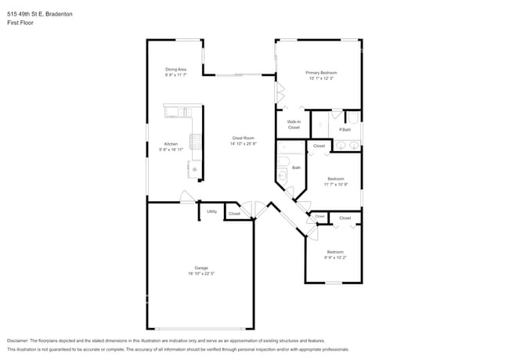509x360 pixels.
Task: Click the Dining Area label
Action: tap(175, 69)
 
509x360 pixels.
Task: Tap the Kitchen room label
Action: tap(170, 144)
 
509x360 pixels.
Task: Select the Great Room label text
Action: tap(243, 139)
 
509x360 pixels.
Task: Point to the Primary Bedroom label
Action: tap(321, 73)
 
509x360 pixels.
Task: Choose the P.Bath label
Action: tap(344, 129)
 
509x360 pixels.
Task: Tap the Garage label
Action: tap(200, 268)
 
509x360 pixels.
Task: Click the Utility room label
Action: tap(211, 211)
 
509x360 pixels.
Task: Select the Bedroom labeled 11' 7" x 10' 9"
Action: tap(335, 178)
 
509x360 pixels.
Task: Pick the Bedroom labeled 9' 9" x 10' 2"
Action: tap(335, 252)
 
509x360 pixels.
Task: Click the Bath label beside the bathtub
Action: tap(296, 167)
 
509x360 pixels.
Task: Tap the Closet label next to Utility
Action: tap(234, 214)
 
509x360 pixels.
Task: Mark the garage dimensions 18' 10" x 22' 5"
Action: tap(200, 274)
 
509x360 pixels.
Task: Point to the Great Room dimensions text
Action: tap(243, 144)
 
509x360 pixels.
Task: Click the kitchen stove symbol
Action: tap(194, 142)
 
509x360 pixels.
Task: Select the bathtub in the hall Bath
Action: tap(282, 168)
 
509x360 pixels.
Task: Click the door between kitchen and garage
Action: tap(188, 198)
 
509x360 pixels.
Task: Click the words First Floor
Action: tap(20, 23)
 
